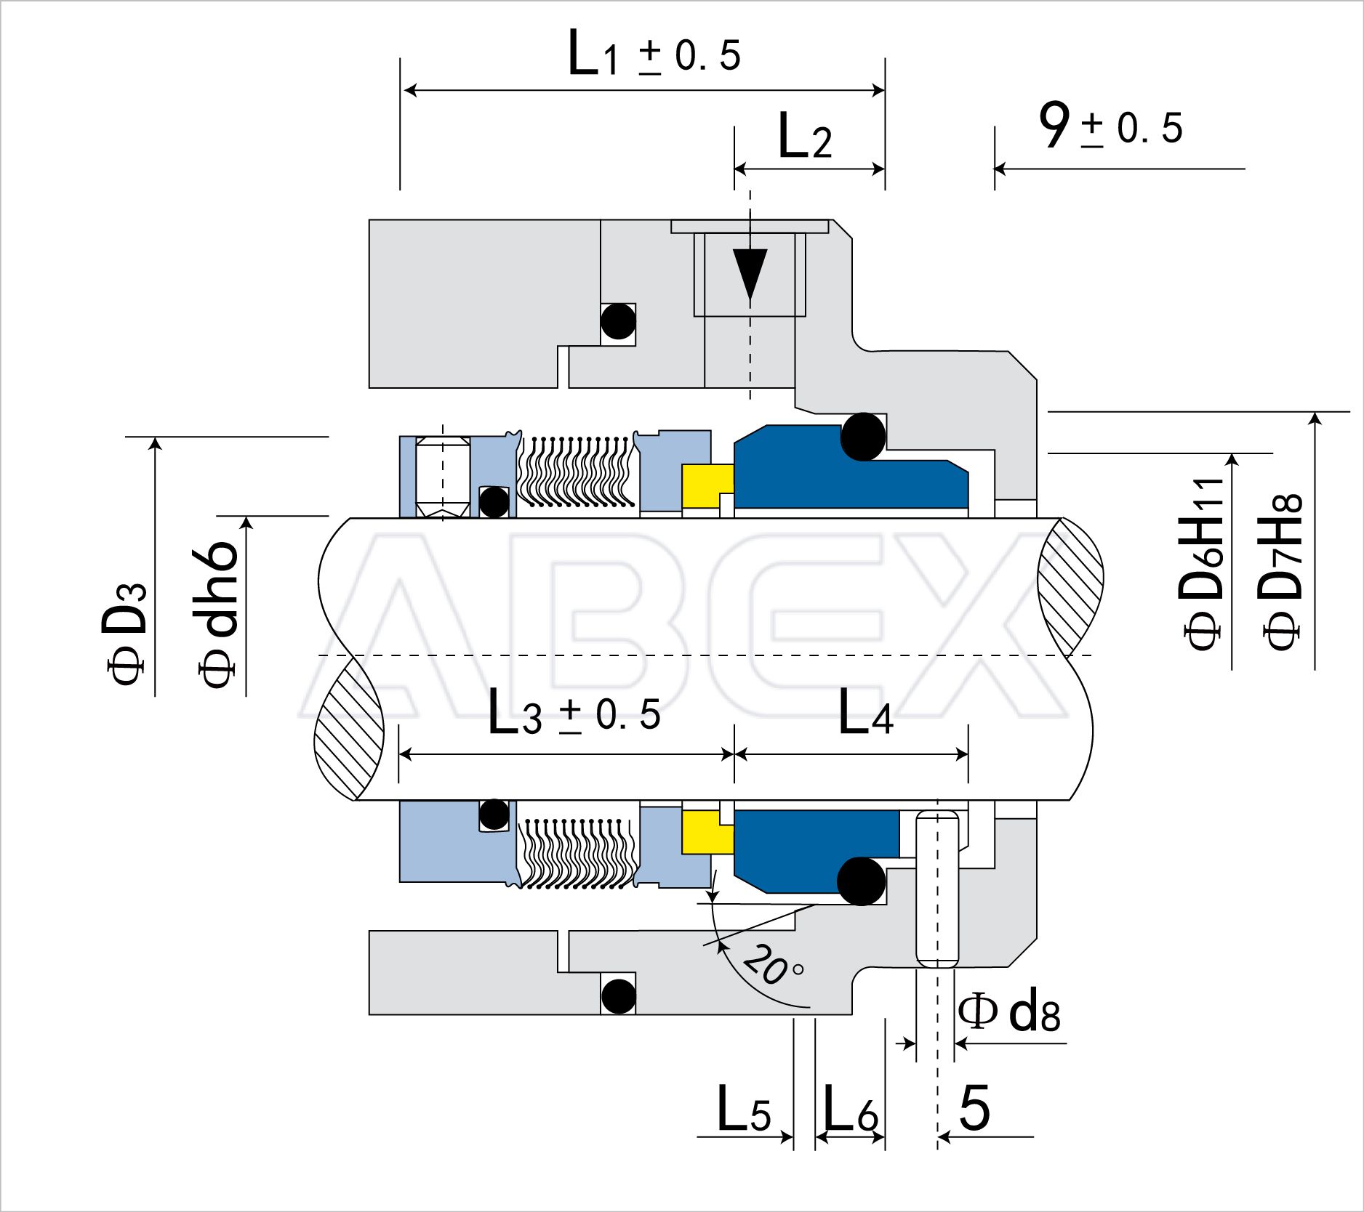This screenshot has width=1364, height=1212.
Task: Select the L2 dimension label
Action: coord(805,136)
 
